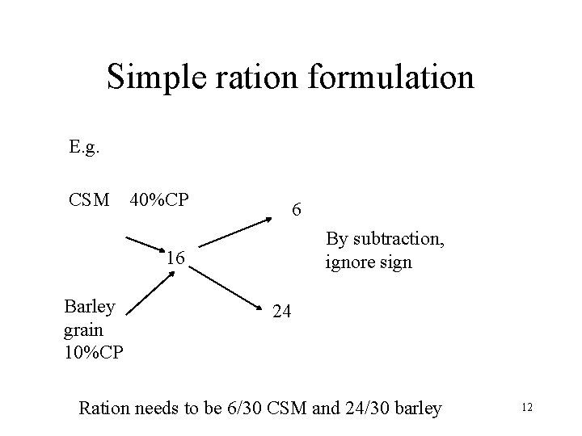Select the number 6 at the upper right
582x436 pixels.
[297, 211]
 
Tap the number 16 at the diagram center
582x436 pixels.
[175, 259]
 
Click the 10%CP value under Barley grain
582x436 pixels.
[93, 352]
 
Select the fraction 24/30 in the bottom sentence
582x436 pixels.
[363, 408]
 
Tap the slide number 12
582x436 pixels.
[527, 408]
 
